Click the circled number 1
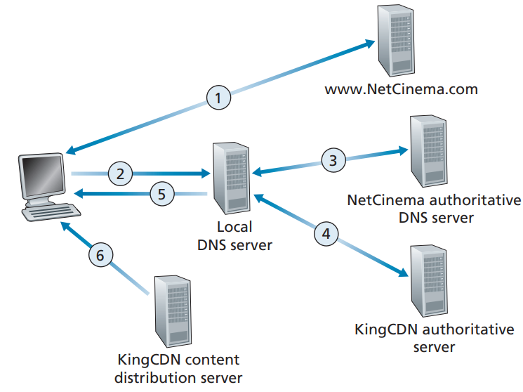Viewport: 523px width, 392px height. click(x=218, y=97)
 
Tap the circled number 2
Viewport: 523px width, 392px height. click(x=121, y=172)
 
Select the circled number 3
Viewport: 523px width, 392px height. click(x=333, y=159)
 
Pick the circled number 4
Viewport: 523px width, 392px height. click(x=324, y=233)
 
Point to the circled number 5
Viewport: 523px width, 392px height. click(x=161, y=195)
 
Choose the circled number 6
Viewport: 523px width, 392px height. click(x=100, y=256)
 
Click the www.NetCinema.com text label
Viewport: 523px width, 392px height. click(x=401, y=90)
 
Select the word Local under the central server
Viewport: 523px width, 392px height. click(x=234, y=228)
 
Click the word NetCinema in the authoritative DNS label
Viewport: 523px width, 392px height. click(x=379, y=200)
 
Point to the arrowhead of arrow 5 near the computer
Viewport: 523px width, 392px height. click(x=78, y=193)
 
